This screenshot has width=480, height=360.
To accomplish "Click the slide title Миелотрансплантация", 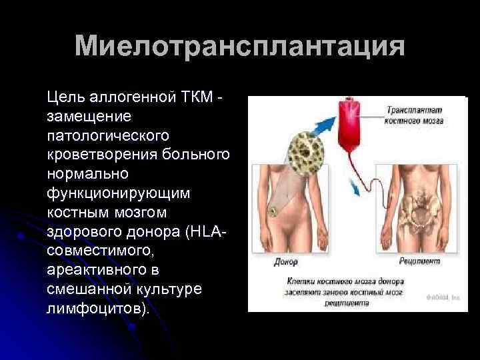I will click(239, 47).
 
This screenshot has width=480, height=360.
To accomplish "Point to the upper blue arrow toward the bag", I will click(326, 123).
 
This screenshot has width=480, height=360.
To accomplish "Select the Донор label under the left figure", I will click(287, 262).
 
